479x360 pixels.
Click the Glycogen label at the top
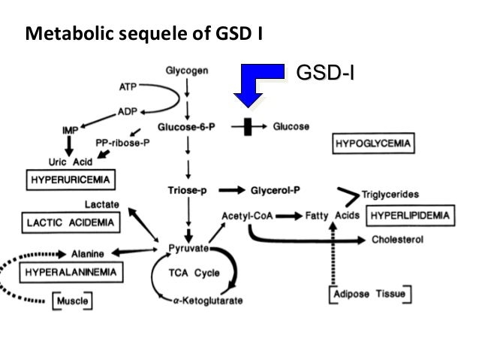coord(188,71)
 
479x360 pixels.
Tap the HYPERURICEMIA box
coord(70,180)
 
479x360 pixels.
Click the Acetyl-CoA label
coord(245,216)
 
